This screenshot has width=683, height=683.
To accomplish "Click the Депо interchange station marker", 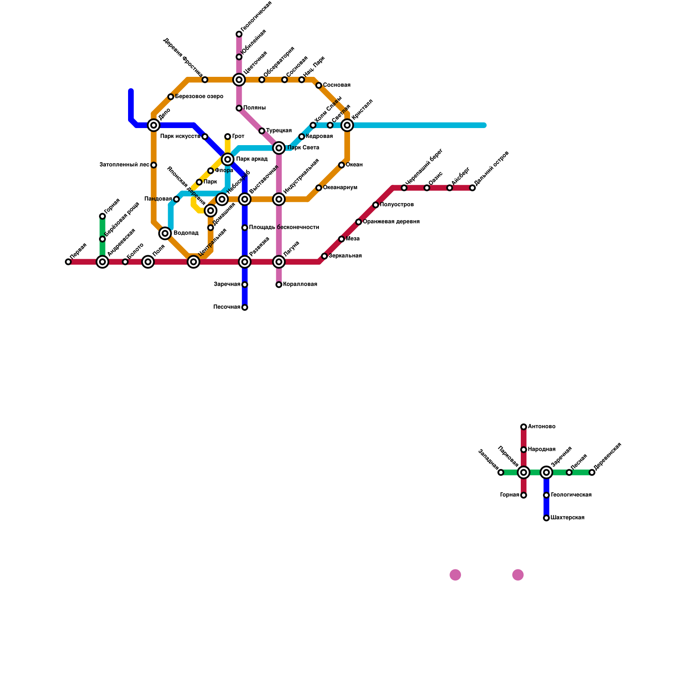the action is [x=154, y=125].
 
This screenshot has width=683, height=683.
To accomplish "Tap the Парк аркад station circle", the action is [x=228, y=159].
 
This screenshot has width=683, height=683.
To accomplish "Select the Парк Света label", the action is [x=303, y=148].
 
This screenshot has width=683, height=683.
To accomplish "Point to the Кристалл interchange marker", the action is [x=347, y=125].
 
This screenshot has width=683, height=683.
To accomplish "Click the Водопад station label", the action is [x=186, y=233].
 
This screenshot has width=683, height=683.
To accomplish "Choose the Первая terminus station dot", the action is [x=68, y=262].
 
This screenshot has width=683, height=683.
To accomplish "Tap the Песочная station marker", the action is [x=245, y=307].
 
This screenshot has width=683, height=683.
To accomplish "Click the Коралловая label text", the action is [x=300, y=284].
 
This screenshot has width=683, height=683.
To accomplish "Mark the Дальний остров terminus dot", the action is [x=473, y=188].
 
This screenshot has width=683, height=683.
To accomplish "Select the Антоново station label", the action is [x=541, y=426].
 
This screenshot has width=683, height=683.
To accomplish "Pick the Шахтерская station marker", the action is [x=546, y=518].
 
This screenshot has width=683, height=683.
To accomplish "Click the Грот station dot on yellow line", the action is [x=228, y=137].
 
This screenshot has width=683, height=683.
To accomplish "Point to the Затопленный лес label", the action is [x=124, y=164].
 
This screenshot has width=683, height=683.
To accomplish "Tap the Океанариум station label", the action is [x=340, y=188].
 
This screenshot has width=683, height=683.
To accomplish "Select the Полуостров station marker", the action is [x=376, y=205].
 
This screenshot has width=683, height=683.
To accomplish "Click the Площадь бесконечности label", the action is [x=284, y=228].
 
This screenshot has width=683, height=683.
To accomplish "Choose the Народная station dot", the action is [x=524, y=449].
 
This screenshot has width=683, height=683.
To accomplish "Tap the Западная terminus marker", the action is [x=501, y=473].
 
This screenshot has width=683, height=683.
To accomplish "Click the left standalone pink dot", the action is [x=455, y=575].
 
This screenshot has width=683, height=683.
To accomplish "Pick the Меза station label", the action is [x=353, y=239].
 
